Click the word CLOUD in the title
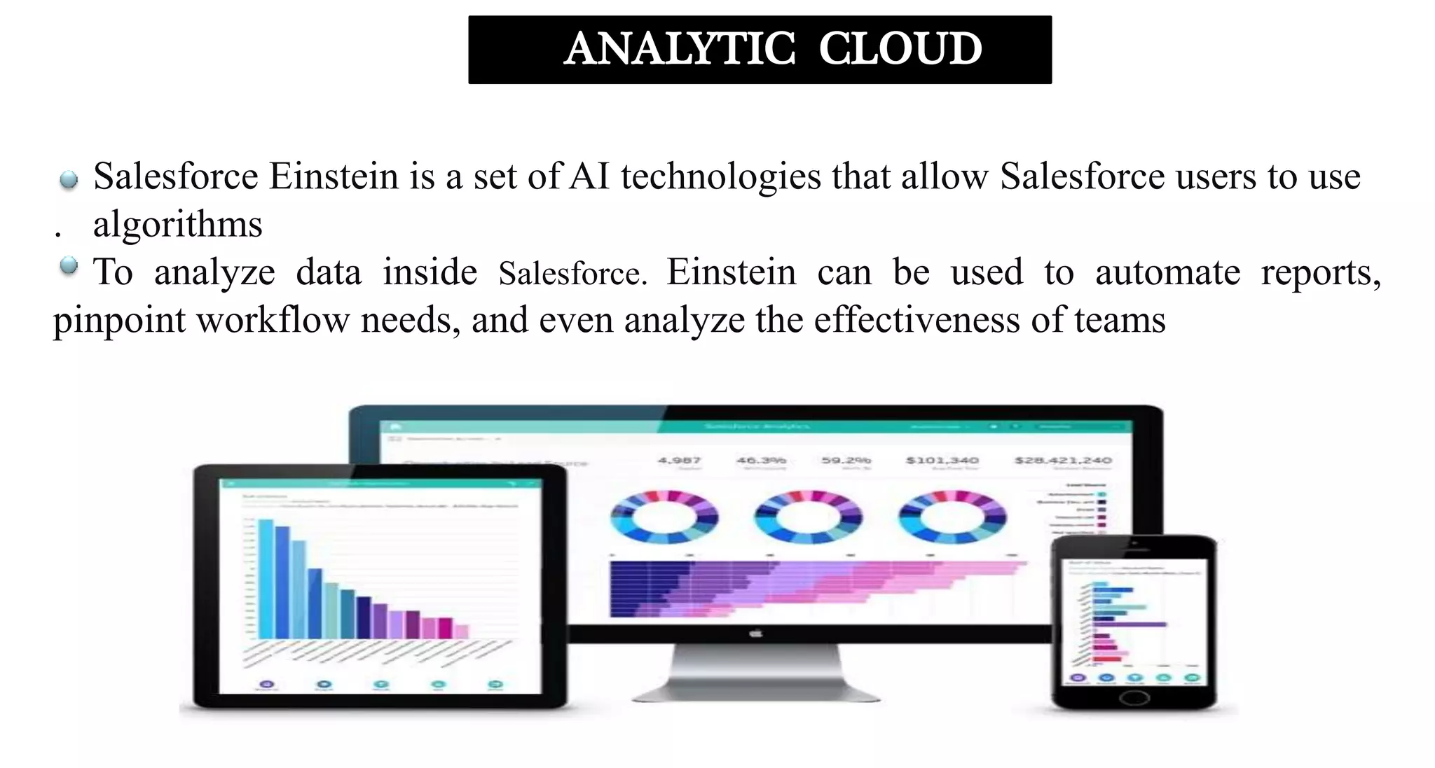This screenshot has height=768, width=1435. click(900, 49)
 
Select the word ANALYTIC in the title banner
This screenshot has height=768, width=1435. click(680, 49)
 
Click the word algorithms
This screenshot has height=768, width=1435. click(178, 225)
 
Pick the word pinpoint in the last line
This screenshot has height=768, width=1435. click(119, 321)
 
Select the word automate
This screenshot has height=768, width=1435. click(1167, 272)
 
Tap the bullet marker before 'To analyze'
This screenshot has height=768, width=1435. click(69, 266)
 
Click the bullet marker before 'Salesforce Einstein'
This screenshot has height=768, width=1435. click(69, 180)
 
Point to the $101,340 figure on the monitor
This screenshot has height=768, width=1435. click(942, 460)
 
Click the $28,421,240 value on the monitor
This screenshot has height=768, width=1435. click(1063, 460)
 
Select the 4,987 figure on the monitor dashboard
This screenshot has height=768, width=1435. click(679, 460)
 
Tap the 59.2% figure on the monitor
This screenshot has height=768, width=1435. click(846, 460)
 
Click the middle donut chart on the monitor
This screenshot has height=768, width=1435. click(808, 517)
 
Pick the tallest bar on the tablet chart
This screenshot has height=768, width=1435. click(266, 578)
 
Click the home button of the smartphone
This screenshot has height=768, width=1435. click(1134, 697)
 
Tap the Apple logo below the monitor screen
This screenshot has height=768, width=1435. click(755, 634)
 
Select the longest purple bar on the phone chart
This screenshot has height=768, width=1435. click(1130, 624)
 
